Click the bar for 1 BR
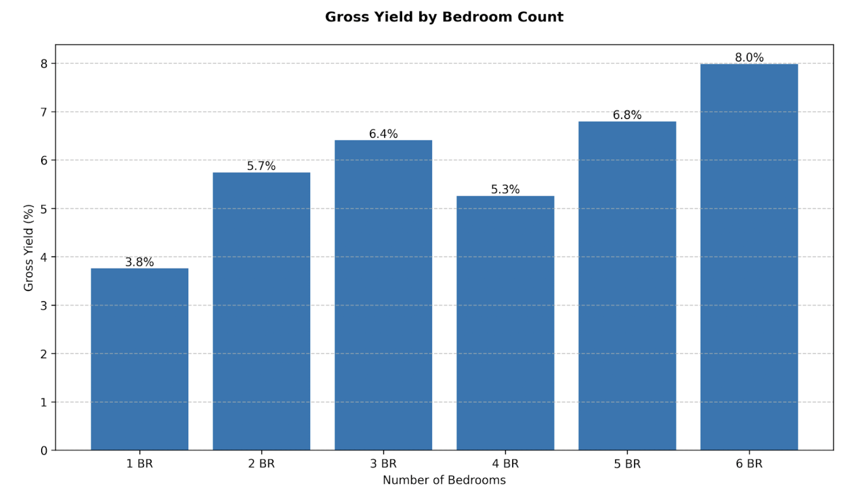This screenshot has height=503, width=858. tap(139, 359)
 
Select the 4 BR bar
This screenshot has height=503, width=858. tap(505, 323)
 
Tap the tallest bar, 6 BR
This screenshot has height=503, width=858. tap(749, 257)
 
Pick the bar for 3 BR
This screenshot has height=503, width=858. tap(383, 295)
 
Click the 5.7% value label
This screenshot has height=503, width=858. tap(261, 166)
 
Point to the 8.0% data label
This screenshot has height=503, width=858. tap(749, 57)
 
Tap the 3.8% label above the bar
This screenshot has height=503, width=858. tap(139, 262)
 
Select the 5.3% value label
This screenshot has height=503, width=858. tap(505, 189)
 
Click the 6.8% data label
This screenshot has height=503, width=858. tap(627, 115)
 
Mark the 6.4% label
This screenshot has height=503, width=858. tap(383, 134)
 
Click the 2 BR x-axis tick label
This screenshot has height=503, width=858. tap(261, 464)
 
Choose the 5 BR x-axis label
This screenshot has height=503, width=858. tap(627, 464)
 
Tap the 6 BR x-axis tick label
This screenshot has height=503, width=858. tap(749, 464)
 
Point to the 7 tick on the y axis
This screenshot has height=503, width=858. tap(44, 112)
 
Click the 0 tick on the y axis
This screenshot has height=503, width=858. tap(44, 451)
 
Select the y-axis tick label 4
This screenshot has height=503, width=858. tap(44, 257)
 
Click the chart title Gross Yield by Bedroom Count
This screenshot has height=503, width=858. tap(444, 17)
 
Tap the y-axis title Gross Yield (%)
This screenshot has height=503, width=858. tap(29, 248)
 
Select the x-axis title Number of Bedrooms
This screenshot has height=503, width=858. tap(444, 480)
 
